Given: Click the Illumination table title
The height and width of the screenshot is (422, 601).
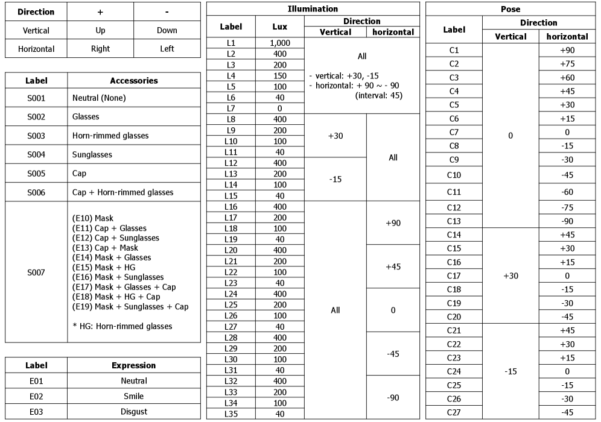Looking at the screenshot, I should [313, 9].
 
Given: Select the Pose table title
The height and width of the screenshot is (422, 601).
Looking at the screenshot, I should [510, 9].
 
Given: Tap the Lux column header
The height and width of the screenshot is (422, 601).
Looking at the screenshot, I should [279, 27].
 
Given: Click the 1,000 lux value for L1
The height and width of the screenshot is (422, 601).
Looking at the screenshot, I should [279, 43].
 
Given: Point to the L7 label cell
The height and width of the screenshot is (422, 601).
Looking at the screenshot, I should [231, 109].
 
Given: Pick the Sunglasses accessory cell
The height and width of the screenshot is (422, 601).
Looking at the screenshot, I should [92, 154].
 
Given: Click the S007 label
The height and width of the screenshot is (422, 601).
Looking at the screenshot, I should [36, 272].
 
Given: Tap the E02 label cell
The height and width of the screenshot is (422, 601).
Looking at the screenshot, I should [36, 396].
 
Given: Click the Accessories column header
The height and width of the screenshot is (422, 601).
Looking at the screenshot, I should [134, 80].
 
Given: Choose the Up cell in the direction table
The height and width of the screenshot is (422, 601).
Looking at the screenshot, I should [100, 30].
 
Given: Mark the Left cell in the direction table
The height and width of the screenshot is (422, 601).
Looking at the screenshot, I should [167, 49].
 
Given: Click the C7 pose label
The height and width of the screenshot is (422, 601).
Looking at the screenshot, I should [454, 132].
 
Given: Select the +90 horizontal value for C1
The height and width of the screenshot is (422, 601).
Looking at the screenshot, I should [567, 50].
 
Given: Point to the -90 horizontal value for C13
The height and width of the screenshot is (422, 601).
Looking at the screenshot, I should [567, 221].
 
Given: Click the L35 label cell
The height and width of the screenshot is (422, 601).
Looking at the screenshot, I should [231, 414].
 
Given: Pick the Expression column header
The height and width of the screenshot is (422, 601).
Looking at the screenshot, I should [134, 365].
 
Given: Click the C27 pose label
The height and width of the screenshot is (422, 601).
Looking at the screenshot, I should [454, 412].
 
